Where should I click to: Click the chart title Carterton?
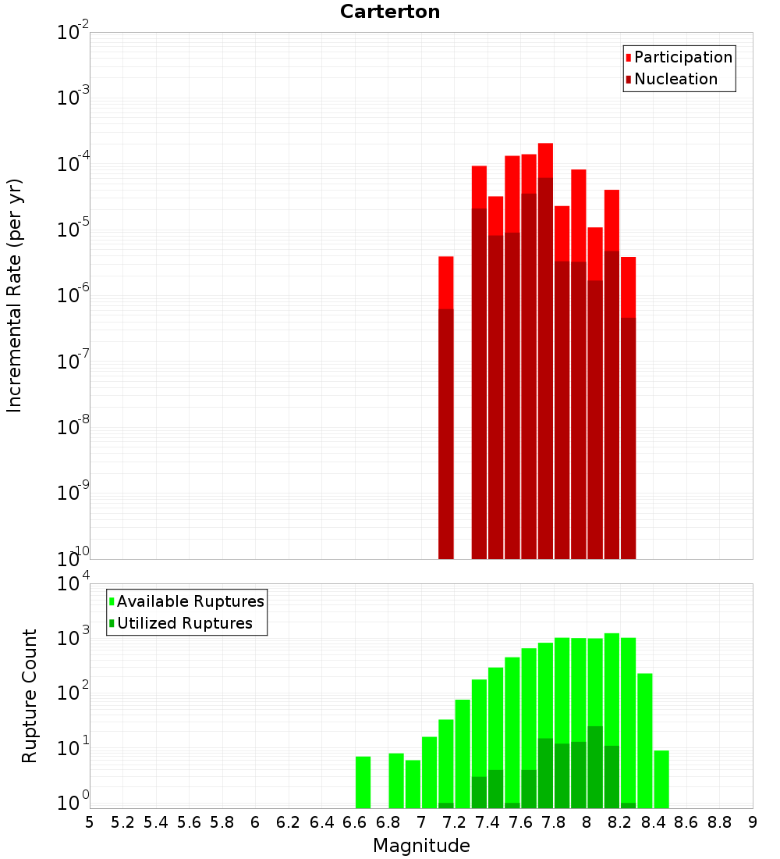pyautogui.click(x=390, y=12)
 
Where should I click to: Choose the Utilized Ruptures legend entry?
pyautogui.click(x=184, y=623)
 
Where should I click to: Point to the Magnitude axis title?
pyautogui.click(x=421, y=846)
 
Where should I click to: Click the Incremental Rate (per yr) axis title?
pyautogui.click(x=15, y=295)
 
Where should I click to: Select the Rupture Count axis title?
pyautogui.click(x=30, y=696)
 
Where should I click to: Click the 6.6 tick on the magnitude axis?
pyautogui.click(x=355, y=822)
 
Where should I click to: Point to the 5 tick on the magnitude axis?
pyautogui.click(x=90, y=822)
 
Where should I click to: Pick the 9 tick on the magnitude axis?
pyautogui.click(x=753, y=822)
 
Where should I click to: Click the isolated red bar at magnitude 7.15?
pyautogui.click(x=446, y=406)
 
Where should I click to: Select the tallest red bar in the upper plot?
pyautogui.click(x=545, y=351)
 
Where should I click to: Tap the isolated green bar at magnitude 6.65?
pyautogui.click(x=363, y=782)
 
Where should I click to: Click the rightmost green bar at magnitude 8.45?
pyautogui.click(x=661, y=779)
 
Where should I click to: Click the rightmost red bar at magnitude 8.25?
pyautogui.click(x=628, y=406)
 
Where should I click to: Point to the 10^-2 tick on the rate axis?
pyautogui.click(x=74, y=33)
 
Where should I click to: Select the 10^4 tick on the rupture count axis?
pyautogui.click(x=74, y=584)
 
